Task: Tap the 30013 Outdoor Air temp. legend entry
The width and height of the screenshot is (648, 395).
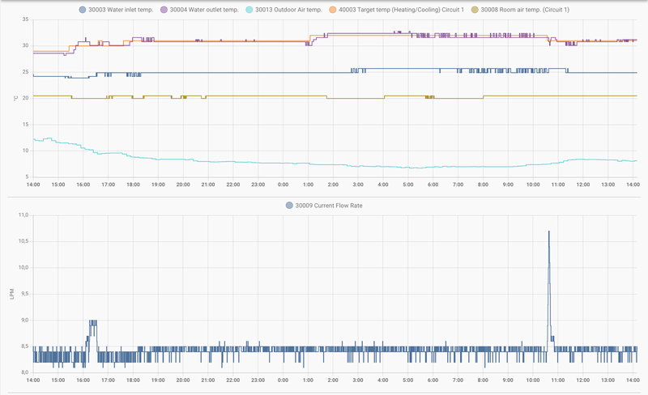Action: coord(288,10)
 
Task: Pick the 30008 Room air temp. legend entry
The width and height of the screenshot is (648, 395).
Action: coord(526,10)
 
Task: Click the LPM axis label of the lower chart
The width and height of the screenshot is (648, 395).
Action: coord(12,294)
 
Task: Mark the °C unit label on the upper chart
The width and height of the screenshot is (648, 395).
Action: coord(15,98)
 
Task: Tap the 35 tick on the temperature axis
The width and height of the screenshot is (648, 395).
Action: coord(25,19)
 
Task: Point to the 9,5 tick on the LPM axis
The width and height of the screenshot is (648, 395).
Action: coord(23,294)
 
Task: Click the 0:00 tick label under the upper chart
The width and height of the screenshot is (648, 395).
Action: coord(283,185)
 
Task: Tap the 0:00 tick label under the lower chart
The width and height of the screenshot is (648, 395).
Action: coord(283,380)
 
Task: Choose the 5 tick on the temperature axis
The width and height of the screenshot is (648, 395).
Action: coord(27,176)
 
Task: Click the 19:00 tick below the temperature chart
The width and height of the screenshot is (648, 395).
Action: coord(158,185)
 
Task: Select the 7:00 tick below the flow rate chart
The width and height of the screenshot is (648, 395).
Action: coord(458,380)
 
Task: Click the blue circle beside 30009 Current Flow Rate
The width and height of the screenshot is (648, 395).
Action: coord(289,206)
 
